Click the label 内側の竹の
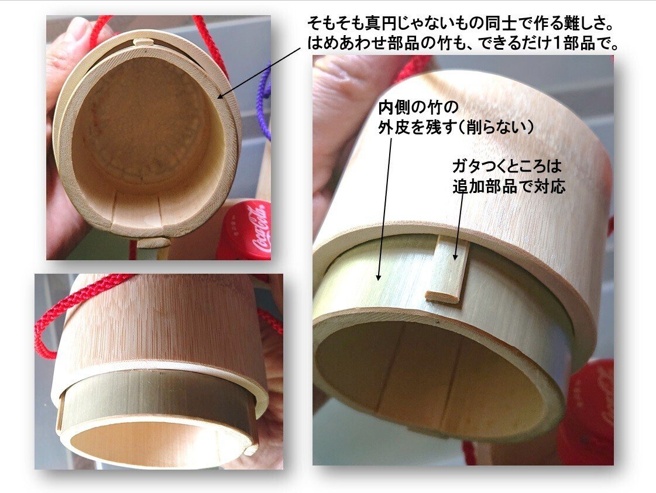tap(418, 108)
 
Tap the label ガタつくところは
tap(506, 167)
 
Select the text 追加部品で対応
tap(509, 186)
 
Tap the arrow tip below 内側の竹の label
tap(379, 279)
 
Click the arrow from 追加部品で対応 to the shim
tap(460, 227)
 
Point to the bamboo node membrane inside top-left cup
tap(146, 126)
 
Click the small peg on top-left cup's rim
tap(143, 43)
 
